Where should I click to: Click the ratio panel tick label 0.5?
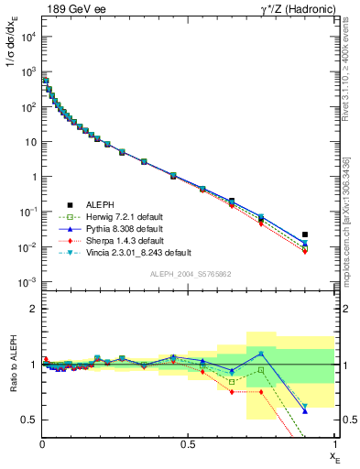tap(29, 420)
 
